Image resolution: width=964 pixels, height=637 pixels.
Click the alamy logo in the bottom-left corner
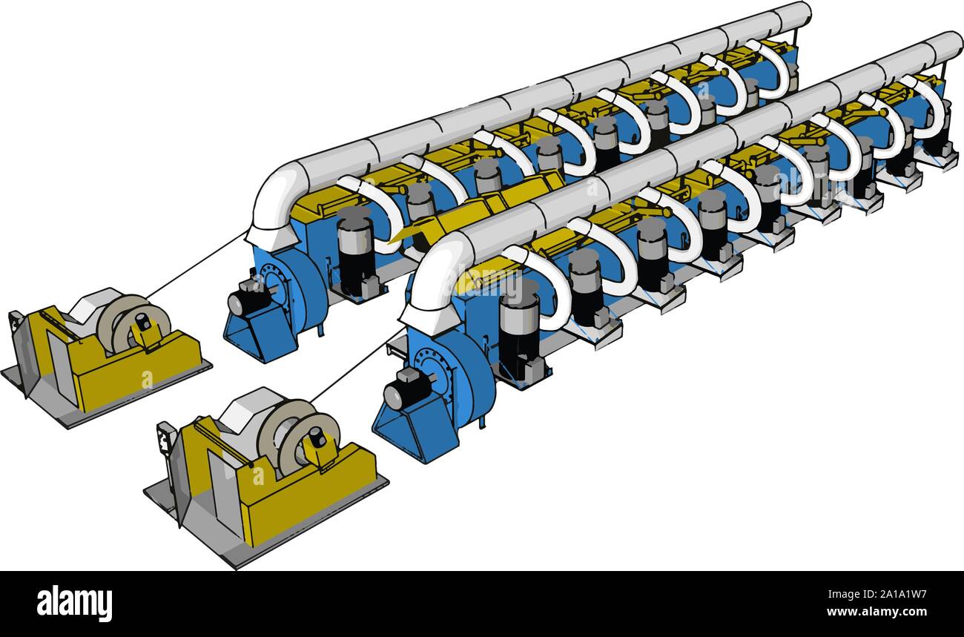pos(74,603)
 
